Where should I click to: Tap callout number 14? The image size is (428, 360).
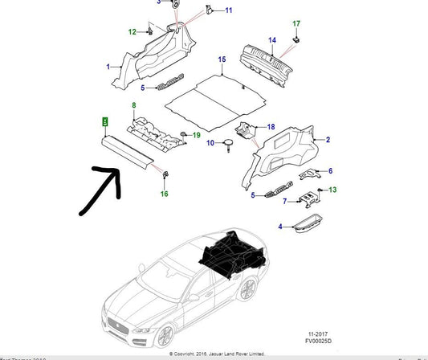(x=271, y=40)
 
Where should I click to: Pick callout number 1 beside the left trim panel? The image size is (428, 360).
(x=109, y=67)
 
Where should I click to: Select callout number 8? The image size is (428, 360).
(x=134, y=106)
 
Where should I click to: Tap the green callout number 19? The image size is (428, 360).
(x=195, y=136)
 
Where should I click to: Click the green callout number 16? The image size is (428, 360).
(x=164, y=194)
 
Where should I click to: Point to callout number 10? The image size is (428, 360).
(x=210, y=143)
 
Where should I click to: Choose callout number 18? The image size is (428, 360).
(x=271, y=126)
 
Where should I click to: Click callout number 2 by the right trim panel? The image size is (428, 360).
(x=328, y=141)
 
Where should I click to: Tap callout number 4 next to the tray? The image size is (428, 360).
(x=280, y=227)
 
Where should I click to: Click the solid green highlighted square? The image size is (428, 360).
(x=103, y=121)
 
